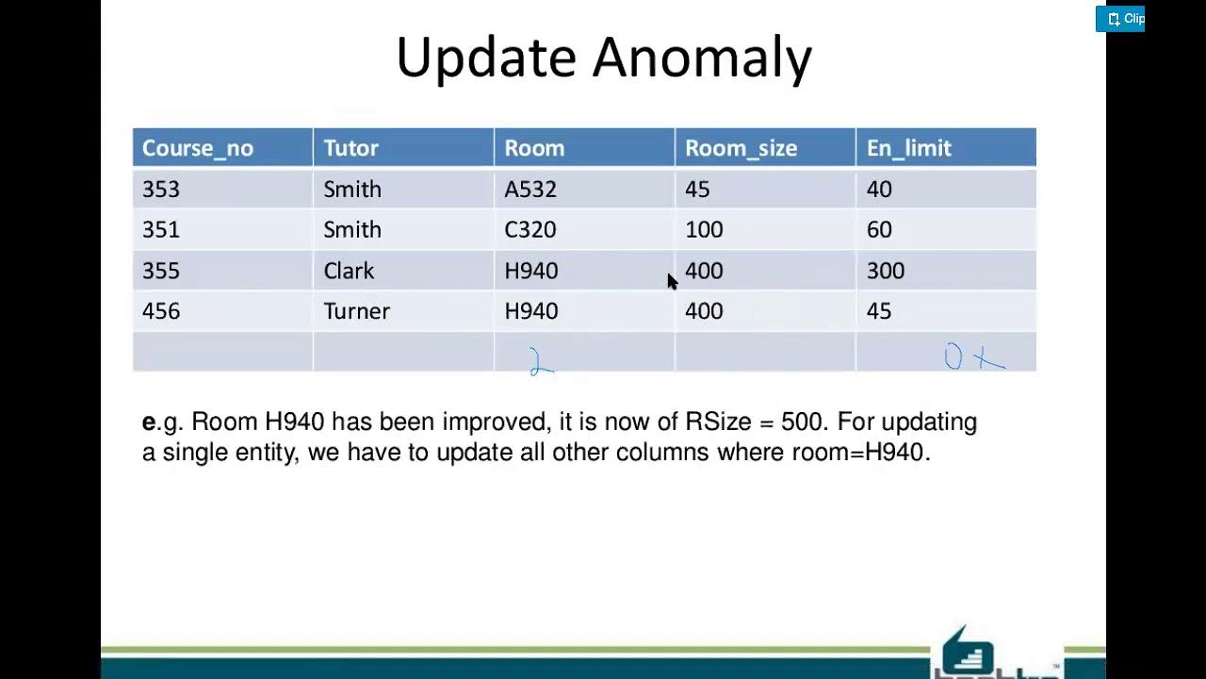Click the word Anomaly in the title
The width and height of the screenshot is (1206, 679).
coord(702,58)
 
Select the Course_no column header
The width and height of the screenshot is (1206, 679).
coord(197,148)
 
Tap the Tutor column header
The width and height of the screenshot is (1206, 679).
coord(350,148)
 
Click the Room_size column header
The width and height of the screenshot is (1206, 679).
coord(741,148)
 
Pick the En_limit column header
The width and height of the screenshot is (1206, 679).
coord(908,148)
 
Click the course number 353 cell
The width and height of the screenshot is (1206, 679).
coord(161,190)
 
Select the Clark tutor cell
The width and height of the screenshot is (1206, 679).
coord(349,272)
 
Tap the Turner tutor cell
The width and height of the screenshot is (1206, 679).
coord(356,312)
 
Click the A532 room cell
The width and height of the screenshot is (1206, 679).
coord(530,190)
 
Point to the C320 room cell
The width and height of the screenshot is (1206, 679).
coord(530,230)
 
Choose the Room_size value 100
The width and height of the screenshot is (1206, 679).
coord(704,230)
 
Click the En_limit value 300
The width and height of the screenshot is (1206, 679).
coord(885,272)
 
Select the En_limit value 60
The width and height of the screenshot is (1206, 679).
coord(879,230)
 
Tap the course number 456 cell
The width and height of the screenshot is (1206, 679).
coord(161,312)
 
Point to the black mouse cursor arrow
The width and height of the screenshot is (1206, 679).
coord(672,281)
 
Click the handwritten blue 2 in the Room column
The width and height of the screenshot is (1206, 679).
coord(541,362)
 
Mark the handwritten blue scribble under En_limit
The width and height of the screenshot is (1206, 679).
coord(974,357)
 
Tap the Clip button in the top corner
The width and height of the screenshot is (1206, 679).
coord(1121,19)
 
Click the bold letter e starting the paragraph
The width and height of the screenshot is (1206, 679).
coord(148,422)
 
